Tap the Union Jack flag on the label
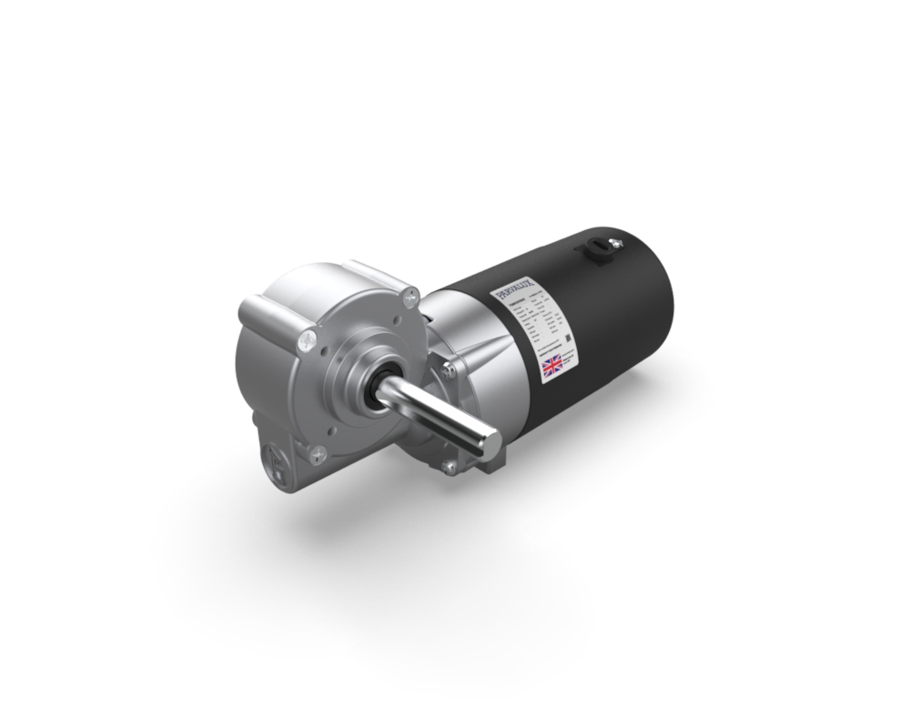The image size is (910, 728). tap(552, 367)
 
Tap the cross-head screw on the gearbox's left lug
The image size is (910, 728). tap(306, 341)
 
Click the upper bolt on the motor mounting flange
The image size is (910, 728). tap(449, 370)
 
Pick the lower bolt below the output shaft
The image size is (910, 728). tap(449, 467)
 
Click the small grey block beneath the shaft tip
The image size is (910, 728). tap(489, 465)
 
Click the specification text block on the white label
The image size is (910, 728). tap(537, 323)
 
